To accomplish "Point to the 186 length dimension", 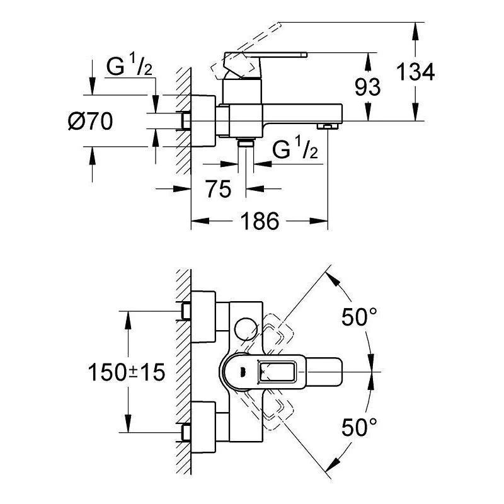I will click(260, 220).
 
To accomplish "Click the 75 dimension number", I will click(218, 188).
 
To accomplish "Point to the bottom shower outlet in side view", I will click(246, 144).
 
